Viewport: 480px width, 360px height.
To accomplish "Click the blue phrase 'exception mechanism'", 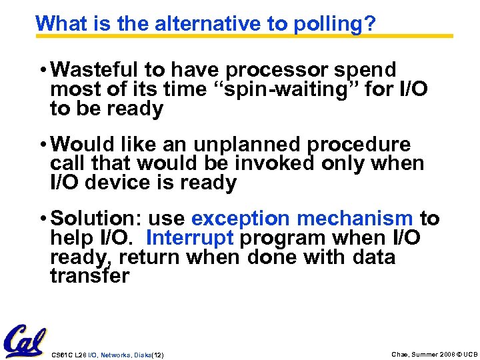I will (302, 219).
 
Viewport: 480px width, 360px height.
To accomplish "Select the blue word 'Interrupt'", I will (189, 238).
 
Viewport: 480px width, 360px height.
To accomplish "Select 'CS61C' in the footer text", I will (61, 355).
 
